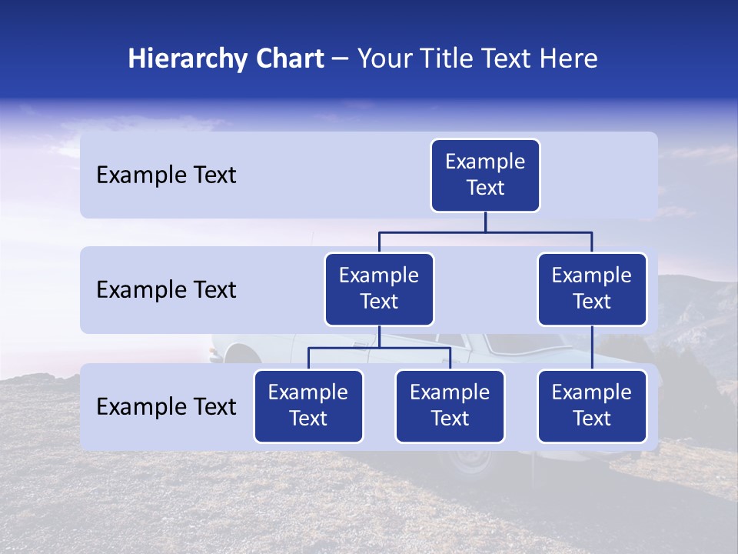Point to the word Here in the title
click(x=567, y=59)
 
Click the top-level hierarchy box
click(x=485, y=175)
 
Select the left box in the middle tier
click(x=379, y=289)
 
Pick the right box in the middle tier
click(x=592, y=289)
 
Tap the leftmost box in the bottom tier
click(x=308, y=406)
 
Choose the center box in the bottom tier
click(x=450, y=406)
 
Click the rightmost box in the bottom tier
click(x=592, y=406)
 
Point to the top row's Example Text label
click(x=166, y=175)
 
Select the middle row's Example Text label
click(x=166, y=290)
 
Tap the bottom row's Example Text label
click(x=166, y=407)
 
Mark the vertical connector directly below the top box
click(x=485, y=222)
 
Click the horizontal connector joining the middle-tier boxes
click(x=485, y=232)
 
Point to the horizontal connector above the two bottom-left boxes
click(x=379, y=348)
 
